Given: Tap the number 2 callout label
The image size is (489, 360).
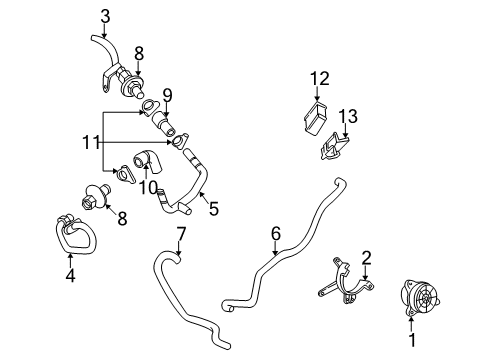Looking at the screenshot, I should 366,257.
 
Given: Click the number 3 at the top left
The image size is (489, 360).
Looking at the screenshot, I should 106,14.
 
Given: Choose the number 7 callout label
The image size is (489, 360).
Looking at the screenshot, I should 181,234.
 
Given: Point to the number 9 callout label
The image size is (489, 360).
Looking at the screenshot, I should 167,95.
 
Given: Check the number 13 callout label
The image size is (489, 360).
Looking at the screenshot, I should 347,116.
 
